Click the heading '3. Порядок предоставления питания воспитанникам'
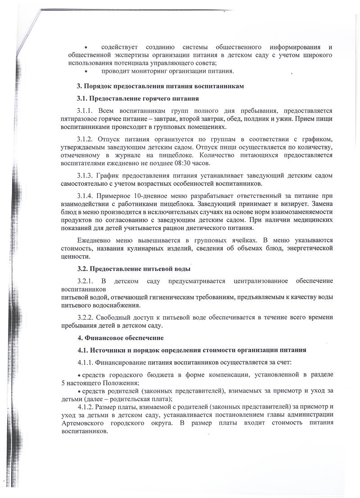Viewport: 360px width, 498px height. coord(160,86)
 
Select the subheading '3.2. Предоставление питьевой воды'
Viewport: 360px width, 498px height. coord(134,269)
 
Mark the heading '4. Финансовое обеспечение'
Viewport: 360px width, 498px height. coord(120,338)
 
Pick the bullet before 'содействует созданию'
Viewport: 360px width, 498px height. coord(86,47)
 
